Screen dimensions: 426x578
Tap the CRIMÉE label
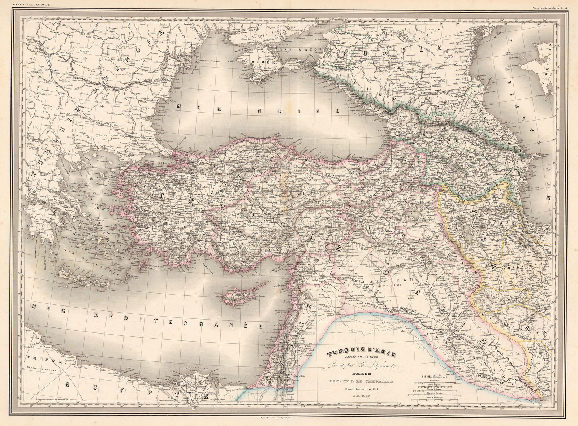tap(255, 62)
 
